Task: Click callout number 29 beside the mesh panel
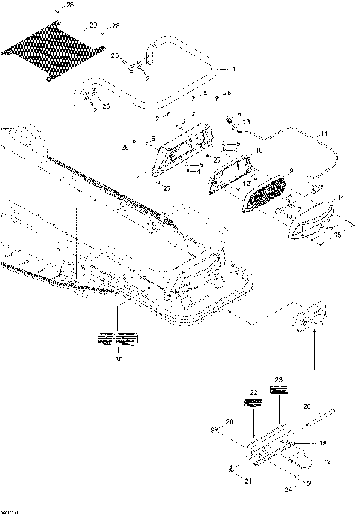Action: coord(93,26)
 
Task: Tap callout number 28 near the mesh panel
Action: coord(115,26)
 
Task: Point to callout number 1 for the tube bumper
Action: coord(233,69)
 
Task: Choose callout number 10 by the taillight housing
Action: coord(259,151)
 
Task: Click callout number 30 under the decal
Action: coord(117,359)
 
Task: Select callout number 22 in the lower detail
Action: coord(253,392)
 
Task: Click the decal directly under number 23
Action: coord(280,391)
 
